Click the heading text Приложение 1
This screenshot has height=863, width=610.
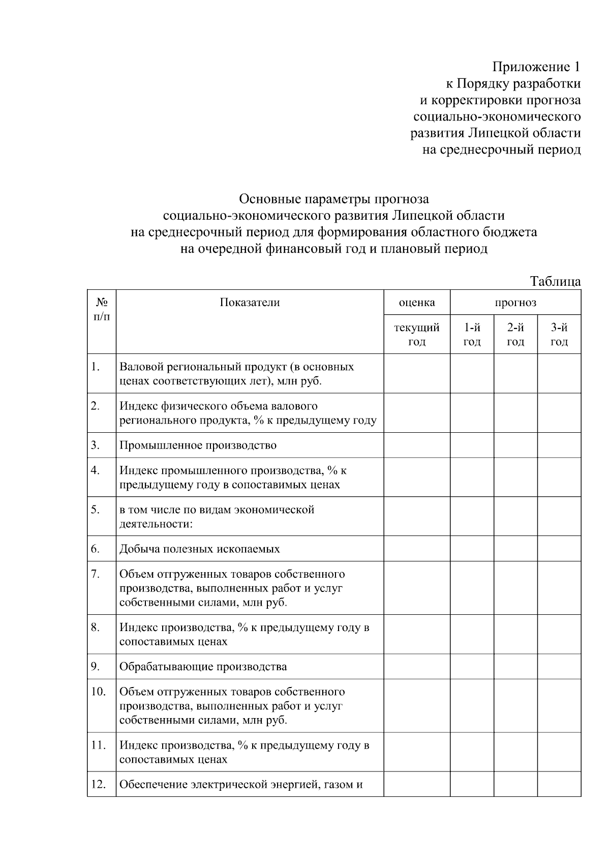point(536,67)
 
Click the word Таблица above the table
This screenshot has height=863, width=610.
point(555,281)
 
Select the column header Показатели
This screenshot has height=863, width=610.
point(250,303)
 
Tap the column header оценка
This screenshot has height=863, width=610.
point(417,303)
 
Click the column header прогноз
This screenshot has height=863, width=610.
point(515,303)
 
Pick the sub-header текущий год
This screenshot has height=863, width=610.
point(417,334)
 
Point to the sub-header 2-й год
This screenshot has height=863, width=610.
point(515,334)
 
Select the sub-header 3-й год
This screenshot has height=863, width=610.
point(559,334)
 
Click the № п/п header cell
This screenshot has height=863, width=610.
point(102,309)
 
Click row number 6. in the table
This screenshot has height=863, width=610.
point(96,549)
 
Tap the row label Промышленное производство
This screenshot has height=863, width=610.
point(198,445)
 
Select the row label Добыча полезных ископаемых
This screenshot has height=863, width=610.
point(199,549)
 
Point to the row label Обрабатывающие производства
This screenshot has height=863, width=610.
point(203,667)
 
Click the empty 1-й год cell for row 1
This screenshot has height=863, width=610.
point(472,374)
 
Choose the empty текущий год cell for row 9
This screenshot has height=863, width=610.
point(417,667)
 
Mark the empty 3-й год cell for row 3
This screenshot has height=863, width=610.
point(559,445)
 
